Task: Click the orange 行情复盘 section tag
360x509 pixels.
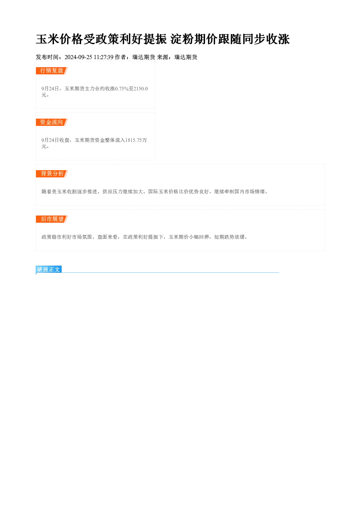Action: coord(52,71)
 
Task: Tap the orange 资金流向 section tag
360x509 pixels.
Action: coord(52,122)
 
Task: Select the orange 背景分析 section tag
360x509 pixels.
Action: coord(52,174)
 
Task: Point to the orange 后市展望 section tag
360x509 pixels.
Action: coord(52,219)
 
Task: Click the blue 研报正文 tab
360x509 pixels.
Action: coord(49,270)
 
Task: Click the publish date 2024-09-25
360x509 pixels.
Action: coord(78,57)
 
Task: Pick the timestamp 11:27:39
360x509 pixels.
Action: coord(103,57)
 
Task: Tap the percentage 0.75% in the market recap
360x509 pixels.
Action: coord(122,89)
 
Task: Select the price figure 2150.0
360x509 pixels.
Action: coord(141,89)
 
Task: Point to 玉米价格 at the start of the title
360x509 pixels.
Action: coord(60,39)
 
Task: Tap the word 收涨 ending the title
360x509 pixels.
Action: coord(278,39)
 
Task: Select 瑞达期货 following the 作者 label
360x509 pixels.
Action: coord(144,57)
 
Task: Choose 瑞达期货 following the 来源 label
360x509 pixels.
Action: coord(186,57)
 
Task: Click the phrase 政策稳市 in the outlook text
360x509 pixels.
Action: coord(52,237)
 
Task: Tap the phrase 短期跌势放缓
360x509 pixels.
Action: coord(230,237)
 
